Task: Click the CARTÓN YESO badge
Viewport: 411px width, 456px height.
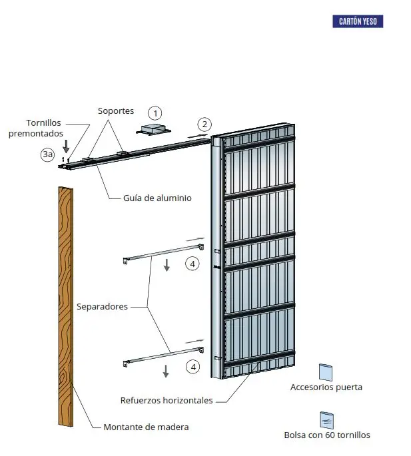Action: click(358, 21)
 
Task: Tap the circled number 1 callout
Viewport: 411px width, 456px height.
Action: click(155, 113)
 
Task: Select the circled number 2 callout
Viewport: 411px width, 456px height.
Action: click(205, 124)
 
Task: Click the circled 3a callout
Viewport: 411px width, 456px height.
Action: click(47, 154)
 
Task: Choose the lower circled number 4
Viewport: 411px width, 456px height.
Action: click(193, 367)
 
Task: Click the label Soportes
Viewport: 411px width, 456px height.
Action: click(116, 111)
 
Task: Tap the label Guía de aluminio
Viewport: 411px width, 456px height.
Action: click(157, 198)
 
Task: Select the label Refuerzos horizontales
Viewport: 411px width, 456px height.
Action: click(167, 400)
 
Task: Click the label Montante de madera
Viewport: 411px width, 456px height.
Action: click(146, 427)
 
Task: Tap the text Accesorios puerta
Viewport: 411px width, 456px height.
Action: click(326, 387)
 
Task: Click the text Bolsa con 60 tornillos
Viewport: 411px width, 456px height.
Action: click(326, 435)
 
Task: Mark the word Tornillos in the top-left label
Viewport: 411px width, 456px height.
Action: click(45, 122)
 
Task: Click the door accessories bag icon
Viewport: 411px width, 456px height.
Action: click(325, 371)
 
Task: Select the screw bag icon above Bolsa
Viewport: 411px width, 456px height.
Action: click(326, 419)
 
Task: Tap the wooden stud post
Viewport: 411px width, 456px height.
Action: click(65, 306)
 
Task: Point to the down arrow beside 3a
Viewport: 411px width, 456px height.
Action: click(66, 144)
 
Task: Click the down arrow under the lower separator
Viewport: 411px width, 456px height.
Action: click(166, 371)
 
